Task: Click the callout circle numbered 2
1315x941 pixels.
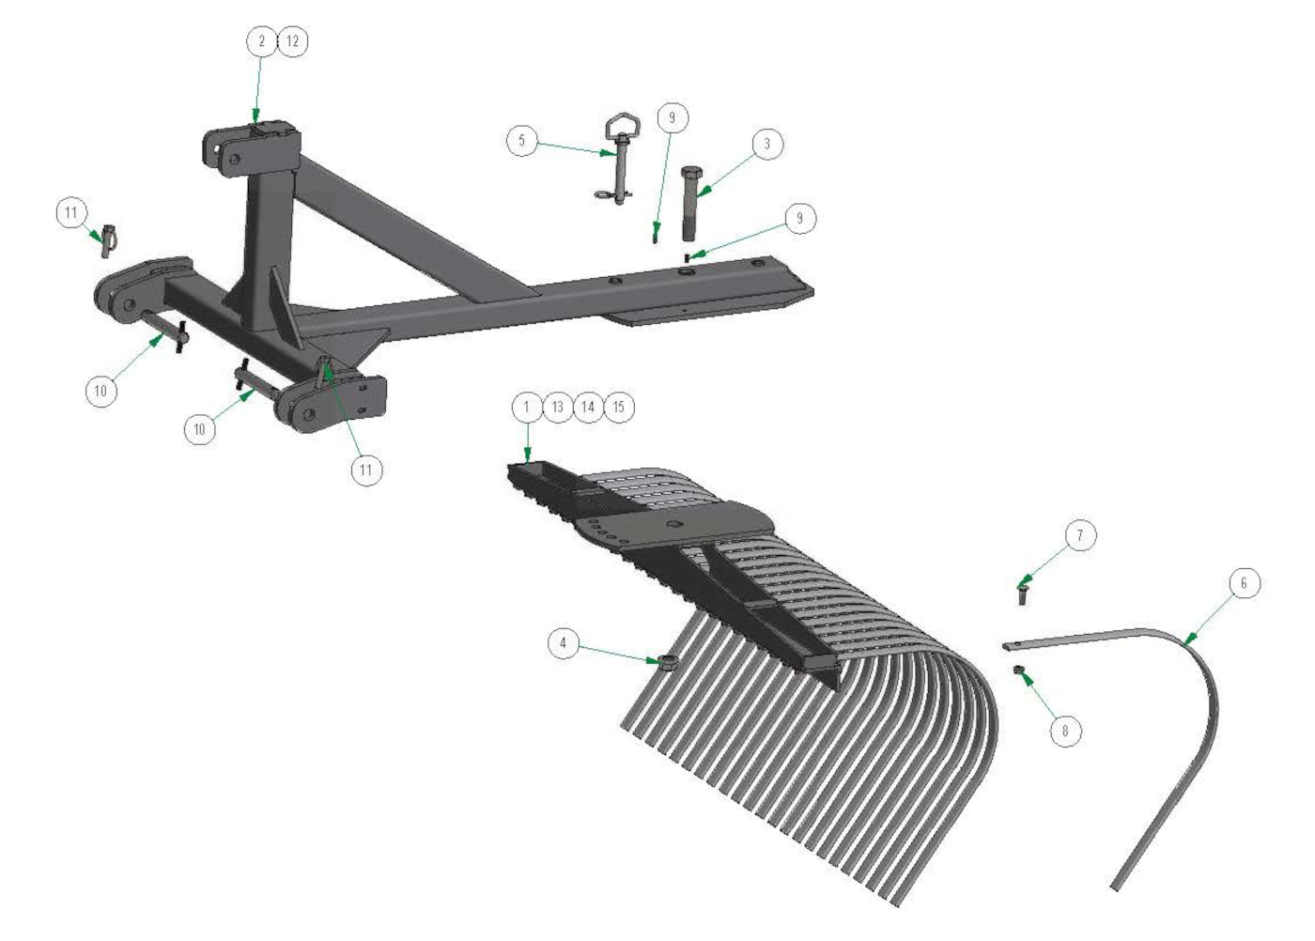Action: click(262, 41)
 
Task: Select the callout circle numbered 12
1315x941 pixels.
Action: click(292, 41)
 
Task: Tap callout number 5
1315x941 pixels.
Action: click(522, 142)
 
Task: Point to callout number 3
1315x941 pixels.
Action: click(766, 144)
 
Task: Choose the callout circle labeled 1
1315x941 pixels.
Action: click(527, 407)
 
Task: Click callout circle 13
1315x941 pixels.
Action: click(558, 407)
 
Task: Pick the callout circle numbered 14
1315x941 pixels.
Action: click(588, 407)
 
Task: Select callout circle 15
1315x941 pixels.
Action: click(618, 407)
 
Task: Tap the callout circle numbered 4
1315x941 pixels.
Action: click(564, 643)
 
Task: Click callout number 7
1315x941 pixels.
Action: click(1080, 536)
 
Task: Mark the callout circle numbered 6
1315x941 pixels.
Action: click(1244, 583)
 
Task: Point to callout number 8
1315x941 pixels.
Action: click(1065, 731)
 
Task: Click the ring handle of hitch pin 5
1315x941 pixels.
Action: click(621, 126)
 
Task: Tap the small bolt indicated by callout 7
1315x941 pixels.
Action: click(1023, 594)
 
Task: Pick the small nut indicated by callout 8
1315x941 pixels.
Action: click(1018, 669)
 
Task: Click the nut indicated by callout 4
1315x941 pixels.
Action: click(667, 663)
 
